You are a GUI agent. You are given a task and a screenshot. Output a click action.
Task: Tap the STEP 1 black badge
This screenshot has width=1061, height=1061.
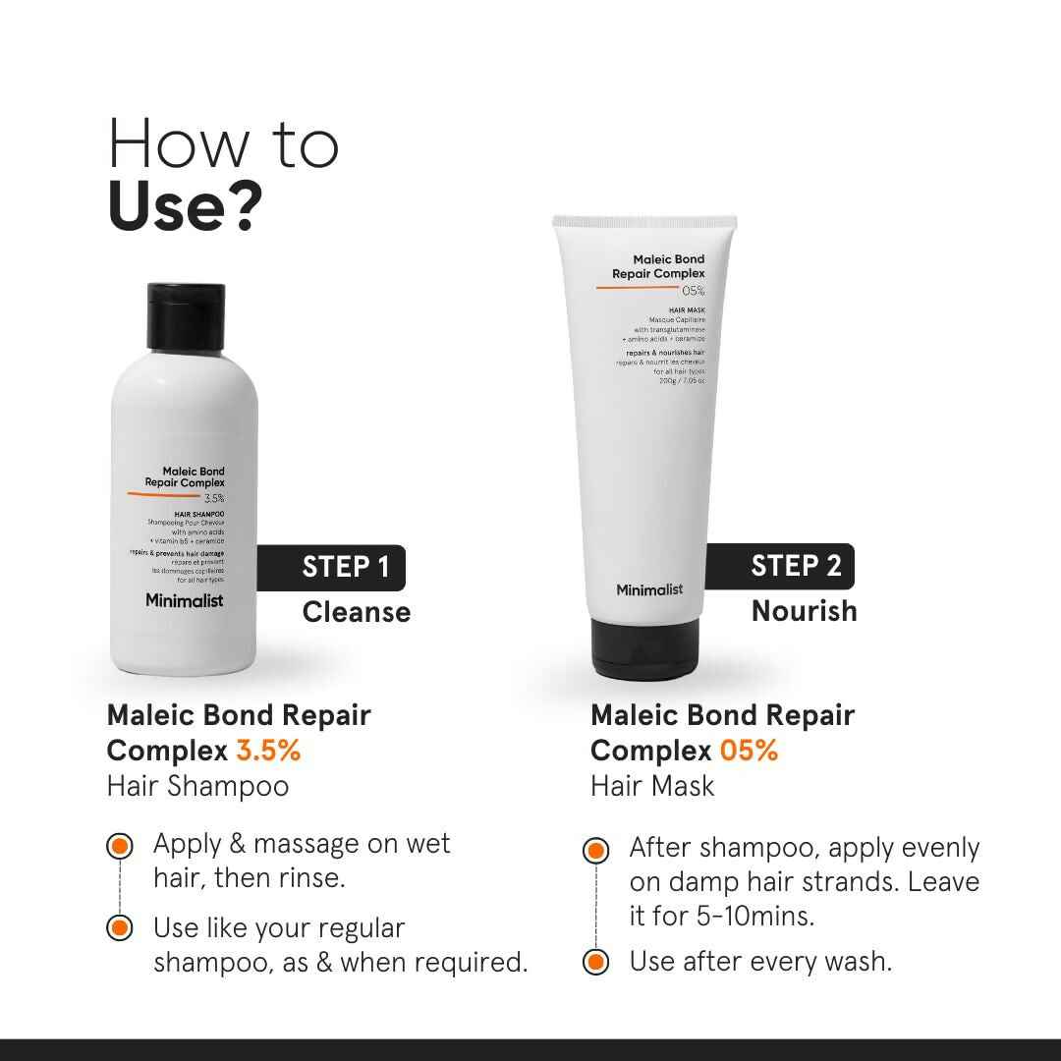tap(331, 567)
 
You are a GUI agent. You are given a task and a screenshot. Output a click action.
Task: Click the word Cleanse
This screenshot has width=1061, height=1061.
tap(356, 612)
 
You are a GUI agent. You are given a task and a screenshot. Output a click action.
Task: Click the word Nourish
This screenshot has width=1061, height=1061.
tap(804, 610)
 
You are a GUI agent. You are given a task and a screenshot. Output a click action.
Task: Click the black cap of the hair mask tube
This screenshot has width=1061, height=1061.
tap(645, 649)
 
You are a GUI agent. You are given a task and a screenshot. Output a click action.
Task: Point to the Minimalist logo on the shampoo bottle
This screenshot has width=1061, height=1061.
tap(184, 600)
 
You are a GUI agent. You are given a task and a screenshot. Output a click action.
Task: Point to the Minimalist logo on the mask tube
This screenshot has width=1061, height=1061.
tap(649, 589)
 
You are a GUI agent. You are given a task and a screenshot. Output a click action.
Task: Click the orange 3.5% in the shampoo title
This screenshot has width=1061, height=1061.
tap(267, 751)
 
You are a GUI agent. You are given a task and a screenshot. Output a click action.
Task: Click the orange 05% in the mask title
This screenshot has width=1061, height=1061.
tap(749, 751)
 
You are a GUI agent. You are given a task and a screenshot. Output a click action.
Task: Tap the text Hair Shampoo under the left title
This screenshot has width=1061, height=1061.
tap(197, 786)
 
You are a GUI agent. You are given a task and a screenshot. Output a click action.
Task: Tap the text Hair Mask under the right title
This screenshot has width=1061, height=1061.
tap(652, 786)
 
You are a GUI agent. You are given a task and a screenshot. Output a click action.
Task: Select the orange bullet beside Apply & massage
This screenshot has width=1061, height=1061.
tap(120, 845)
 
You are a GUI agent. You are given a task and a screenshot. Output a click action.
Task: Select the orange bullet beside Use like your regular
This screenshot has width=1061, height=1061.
tap(120, 927)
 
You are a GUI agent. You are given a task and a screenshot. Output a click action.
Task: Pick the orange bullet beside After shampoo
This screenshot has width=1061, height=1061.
tap(594, 850)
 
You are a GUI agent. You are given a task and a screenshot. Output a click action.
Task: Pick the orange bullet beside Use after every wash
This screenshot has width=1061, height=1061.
tap(594, 962)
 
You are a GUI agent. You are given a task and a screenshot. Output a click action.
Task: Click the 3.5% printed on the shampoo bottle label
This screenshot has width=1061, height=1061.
tap(214, 498)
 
